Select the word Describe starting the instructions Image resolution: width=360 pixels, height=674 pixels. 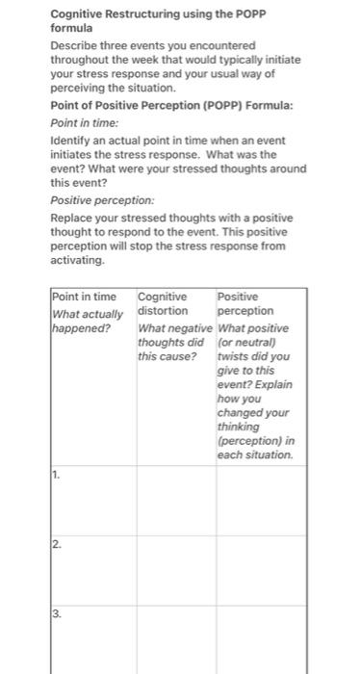coord(75,45)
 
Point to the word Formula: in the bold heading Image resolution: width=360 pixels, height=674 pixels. coord(270,104)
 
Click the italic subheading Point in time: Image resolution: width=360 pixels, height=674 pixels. coord(84,124)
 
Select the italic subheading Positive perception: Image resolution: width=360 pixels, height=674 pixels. coord(101,200)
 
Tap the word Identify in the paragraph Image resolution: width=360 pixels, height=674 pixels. coord(71,141)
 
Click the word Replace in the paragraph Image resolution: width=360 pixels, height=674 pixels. coord(73,217)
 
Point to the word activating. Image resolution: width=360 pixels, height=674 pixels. coord(77,260)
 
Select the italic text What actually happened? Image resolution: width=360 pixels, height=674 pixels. coord(87,320)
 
